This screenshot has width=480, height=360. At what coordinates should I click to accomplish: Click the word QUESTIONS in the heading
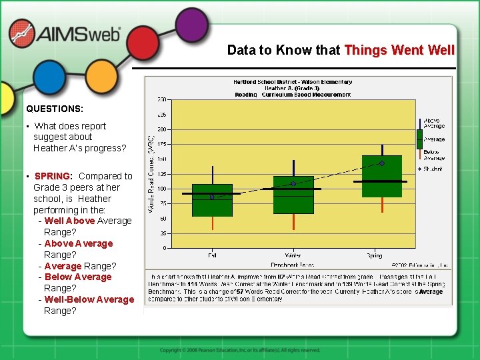(x=55, y=108)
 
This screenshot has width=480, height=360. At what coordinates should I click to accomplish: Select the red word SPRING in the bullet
(x=52, y=176)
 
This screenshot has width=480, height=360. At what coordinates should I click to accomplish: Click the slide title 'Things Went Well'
(x=399, y=50)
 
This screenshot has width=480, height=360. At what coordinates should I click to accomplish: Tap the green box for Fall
(x=212, y=200)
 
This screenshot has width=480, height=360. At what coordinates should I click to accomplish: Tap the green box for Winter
(x=293, y=195)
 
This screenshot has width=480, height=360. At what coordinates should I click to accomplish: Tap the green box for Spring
(x=381, y=176)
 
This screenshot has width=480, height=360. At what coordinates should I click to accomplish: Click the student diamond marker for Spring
(x=381, y=163)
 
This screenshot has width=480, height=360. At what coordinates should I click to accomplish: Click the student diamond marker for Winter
(x=293, y=183)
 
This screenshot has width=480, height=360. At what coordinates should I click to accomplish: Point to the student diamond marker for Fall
(x=212, y=197)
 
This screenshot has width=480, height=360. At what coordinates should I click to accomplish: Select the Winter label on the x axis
(x=293, y=255)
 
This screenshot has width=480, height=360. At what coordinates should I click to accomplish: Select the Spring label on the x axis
(x=374, y=255)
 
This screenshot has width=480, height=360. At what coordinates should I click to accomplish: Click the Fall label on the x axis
(x=211, y=255)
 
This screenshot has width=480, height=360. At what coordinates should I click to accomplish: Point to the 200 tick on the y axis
(x=162, y=129)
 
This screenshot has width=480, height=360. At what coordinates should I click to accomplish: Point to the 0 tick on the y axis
(x=165, y=249)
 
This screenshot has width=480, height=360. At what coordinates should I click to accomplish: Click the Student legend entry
(x=433, y=169)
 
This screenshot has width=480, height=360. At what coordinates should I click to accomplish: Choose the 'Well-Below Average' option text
(x=89, y=299)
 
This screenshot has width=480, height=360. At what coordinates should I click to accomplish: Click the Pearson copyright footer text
(x=240, y=349)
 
